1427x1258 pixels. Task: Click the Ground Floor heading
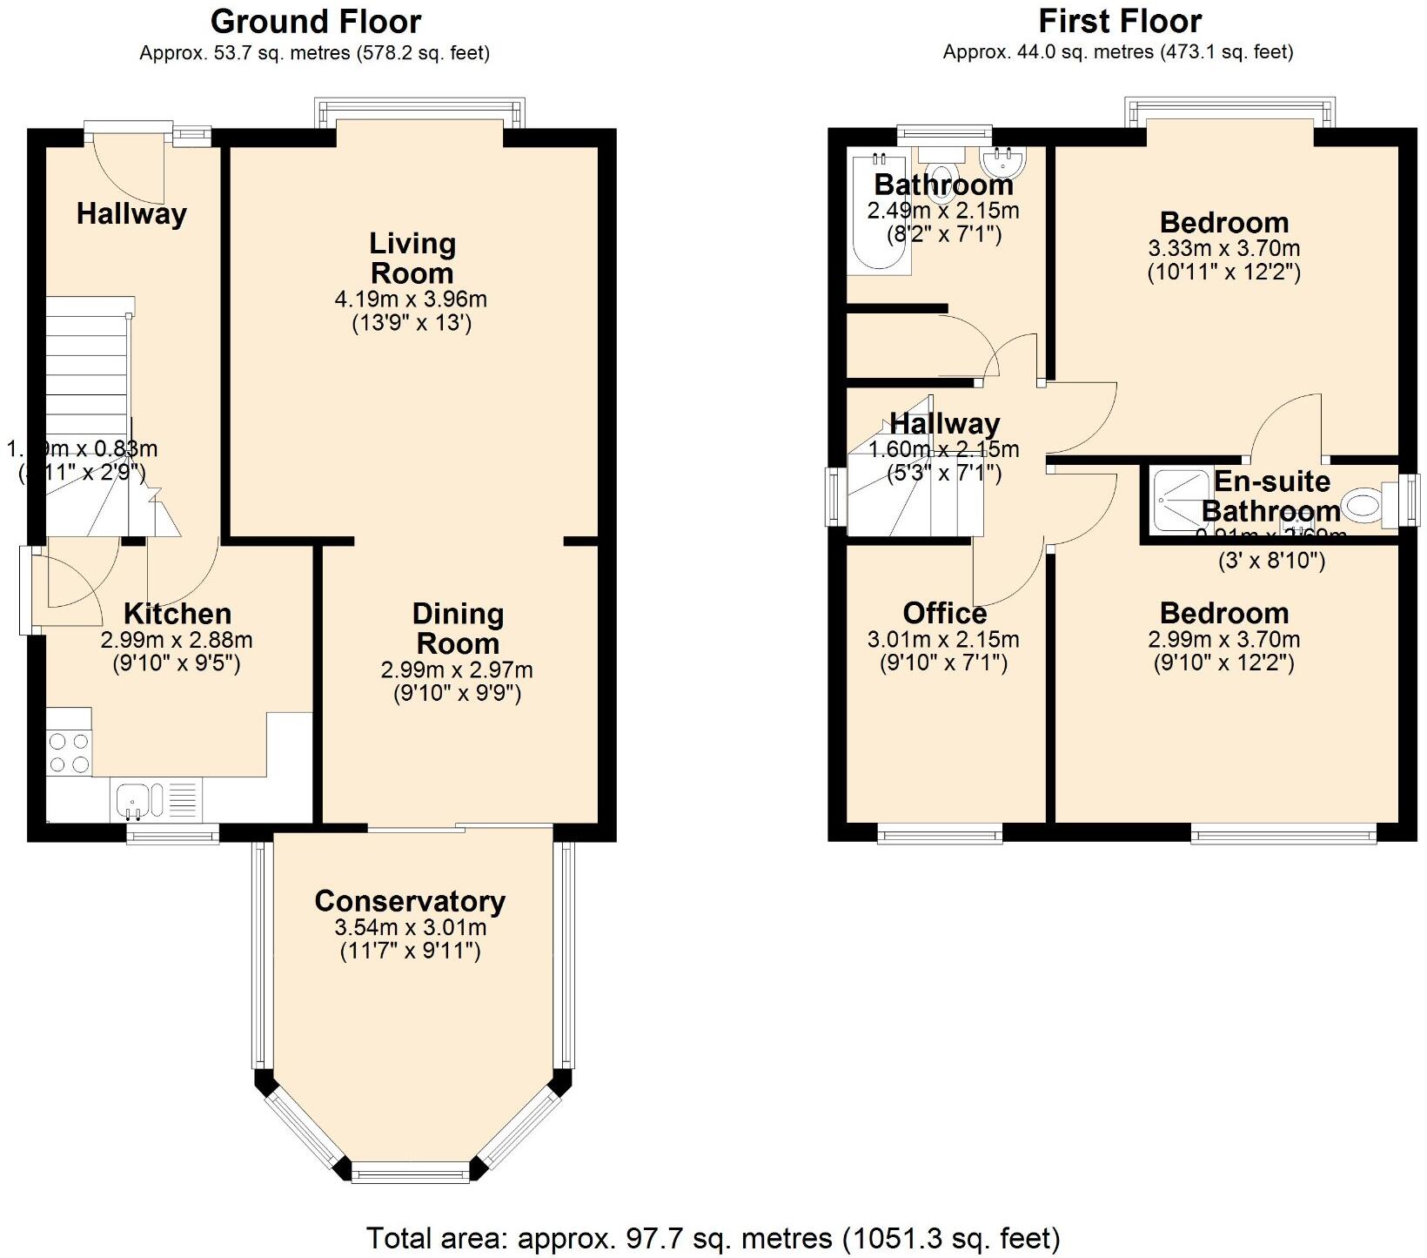tap(315, 22)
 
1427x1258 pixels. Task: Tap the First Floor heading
tap(1119, 21)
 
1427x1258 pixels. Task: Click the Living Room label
tap(412, 258)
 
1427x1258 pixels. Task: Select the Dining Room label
tap(458, 629)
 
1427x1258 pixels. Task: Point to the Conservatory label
tap(410, 901)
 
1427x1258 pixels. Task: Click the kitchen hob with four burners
tap(69, 752)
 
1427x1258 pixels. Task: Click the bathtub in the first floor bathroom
tap(879, 213)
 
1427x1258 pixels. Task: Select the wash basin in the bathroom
tap(1004, 161)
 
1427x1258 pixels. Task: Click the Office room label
tap(944, 613)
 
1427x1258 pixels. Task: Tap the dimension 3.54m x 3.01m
tap(410, 927)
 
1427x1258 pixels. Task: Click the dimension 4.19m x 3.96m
tap(411, 299)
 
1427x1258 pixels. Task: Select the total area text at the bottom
tap(713, 1237)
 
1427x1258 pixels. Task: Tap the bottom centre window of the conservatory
tap(409, 1175)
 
